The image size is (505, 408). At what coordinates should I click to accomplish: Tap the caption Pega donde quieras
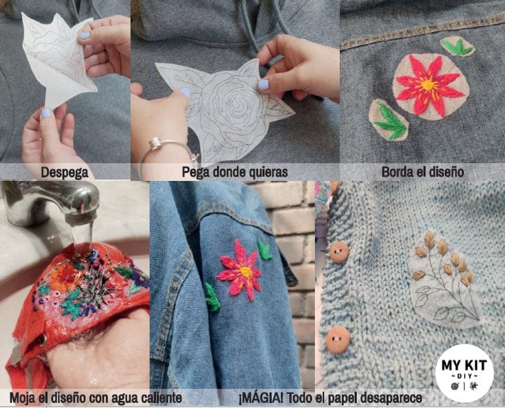tap(235, 172)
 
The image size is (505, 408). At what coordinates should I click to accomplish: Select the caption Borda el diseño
tap(422, 172)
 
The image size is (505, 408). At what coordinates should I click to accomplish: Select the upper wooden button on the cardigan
tap(340, 252)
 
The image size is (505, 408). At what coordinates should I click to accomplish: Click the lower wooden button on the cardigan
tap(338, 339)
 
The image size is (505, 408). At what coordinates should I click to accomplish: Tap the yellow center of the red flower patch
tap(428, 86)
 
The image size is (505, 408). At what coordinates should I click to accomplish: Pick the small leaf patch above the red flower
tap(457, 47)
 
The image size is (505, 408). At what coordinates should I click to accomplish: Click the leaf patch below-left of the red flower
tap(389, 120)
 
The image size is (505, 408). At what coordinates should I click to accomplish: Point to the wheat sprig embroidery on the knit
tap(440, 270)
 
